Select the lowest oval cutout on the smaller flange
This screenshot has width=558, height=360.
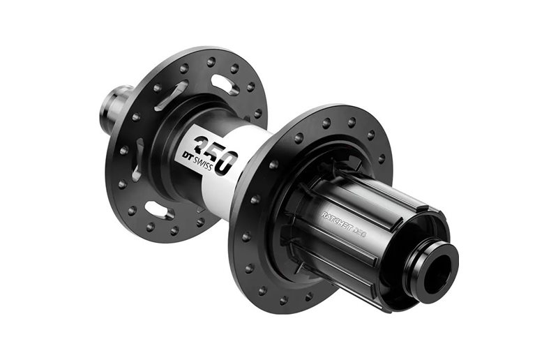[x=156, y=209]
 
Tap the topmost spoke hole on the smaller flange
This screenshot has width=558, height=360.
[x=211, y=61]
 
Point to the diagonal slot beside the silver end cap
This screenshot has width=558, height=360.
[x=172, y=93]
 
